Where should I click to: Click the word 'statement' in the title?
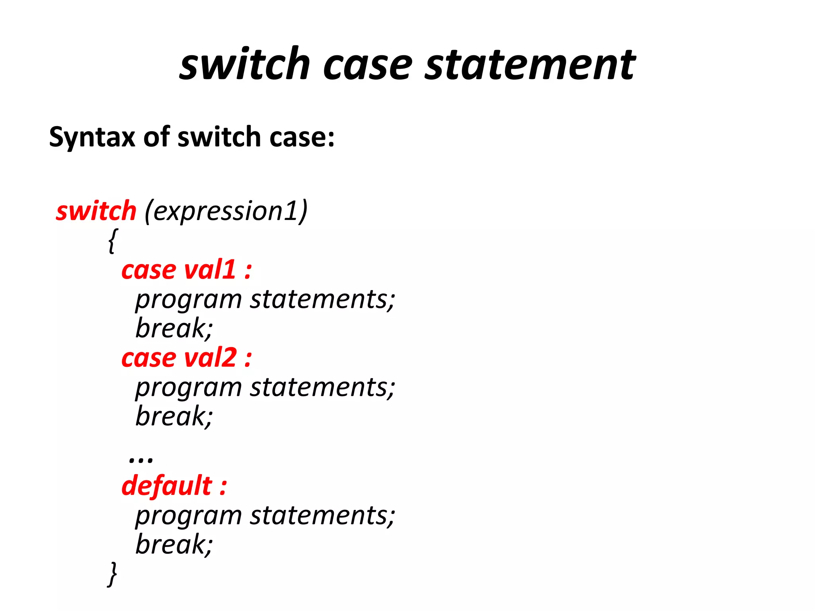530,64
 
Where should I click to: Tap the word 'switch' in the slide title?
244,64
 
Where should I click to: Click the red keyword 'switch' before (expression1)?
96,211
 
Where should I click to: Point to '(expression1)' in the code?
226,211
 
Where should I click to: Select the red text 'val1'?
210,270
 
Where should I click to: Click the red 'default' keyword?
167,486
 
